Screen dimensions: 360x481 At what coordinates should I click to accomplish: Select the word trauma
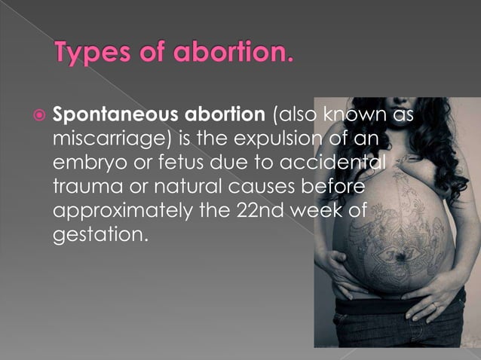pyautogui.click(x=82, y=185)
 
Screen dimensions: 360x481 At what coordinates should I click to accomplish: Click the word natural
pyautogui.click(x=182, y=185)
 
